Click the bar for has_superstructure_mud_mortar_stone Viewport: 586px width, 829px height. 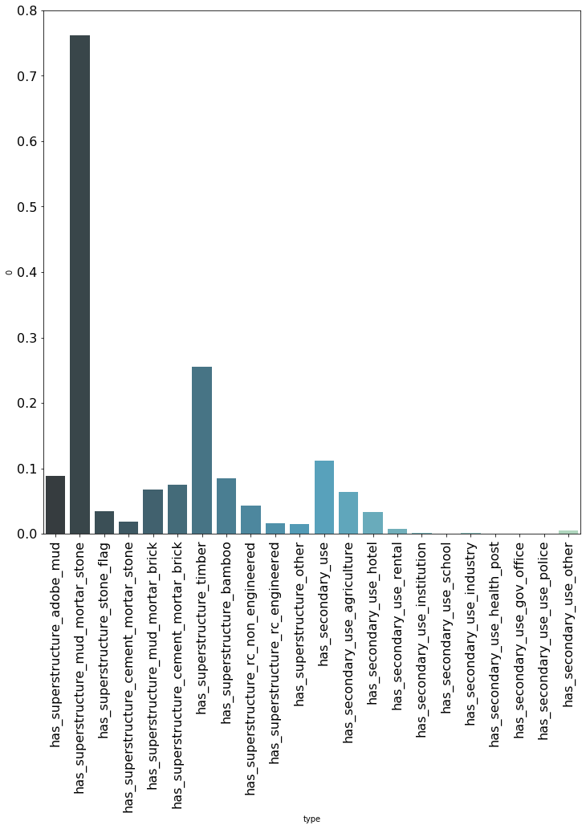pyautogui.click(x=79, y=285)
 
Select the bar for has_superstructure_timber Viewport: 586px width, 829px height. pyautogui.click(x=202, y=450)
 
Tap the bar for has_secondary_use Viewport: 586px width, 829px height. pyautogui.click(x=324, y=498)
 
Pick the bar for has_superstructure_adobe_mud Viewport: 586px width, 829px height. pyautogui.click(x=55, y=505)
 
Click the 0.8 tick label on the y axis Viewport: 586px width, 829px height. pyautogui.click(x=26, y=11)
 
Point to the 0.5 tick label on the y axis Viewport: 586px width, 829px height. pyautogui.click(x=26, y=207)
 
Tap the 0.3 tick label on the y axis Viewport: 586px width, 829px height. pyautogui.click(x=26, y=338)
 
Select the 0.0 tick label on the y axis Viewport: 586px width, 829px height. pyautogui.click(x=26, y=534)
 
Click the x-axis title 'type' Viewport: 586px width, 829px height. pyautogui.click(x=311, y=819)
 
